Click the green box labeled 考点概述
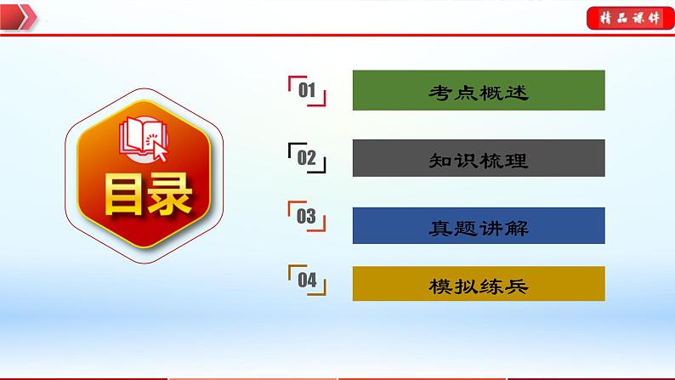(479, 91)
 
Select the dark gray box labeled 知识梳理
(479, 159)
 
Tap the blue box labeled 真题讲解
(479, 226)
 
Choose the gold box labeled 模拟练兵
(479, 284)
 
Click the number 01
(307, 91)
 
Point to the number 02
(307, 158)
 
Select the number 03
(307, 217)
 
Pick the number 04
(307, 279)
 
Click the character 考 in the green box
(440, 92)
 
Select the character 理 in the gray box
(517, 160)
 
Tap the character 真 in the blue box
(440, 227)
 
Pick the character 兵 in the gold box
(517, 286)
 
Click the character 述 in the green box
(517, 92)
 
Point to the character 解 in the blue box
(517, 227)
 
